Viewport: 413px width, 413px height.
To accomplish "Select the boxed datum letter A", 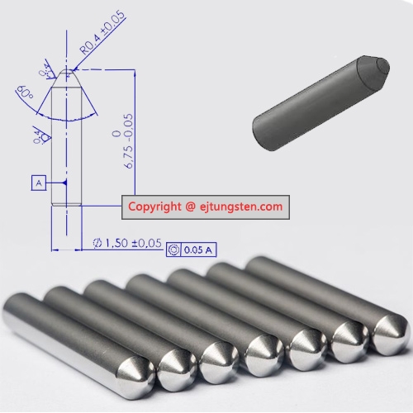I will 39,183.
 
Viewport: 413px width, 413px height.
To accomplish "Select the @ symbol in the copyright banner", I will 189,206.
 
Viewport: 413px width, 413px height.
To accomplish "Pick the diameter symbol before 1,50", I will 97,244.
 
